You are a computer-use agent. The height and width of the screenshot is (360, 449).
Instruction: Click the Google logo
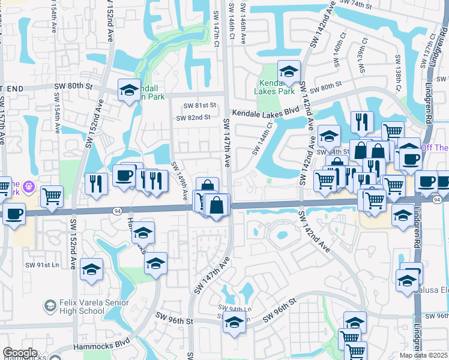[20, 353]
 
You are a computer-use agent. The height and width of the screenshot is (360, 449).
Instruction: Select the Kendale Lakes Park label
[277, 88]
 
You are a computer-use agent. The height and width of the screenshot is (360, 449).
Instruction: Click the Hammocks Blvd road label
[102, 345]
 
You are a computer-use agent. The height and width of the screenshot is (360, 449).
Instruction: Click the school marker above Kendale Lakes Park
[289, 71]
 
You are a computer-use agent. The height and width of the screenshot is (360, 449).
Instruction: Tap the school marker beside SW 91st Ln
[91, 269]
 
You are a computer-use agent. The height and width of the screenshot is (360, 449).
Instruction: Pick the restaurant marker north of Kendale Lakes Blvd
[361, 122]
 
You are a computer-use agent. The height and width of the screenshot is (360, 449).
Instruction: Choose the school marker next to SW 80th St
[128, 91]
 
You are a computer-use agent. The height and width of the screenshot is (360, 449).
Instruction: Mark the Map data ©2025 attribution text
[423, 355]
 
